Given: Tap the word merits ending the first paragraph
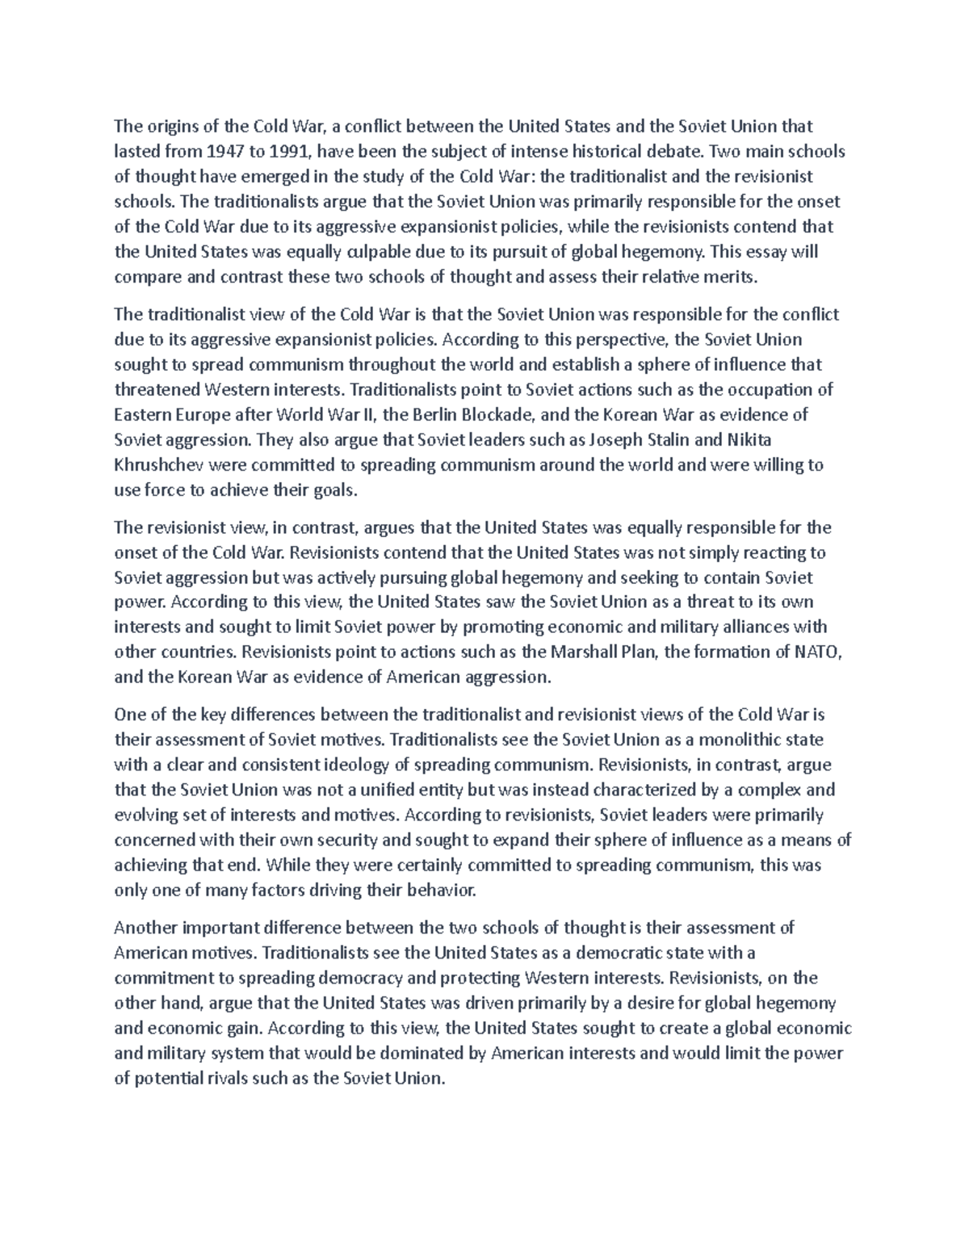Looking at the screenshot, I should point(732,277).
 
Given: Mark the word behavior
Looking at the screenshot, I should point(437,890).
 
